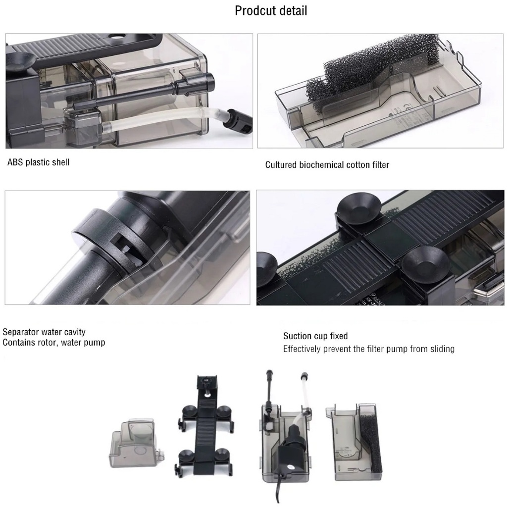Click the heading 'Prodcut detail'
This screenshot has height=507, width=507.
[x=271, y=11]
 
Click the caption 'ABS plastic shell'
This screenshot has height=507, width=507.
[x=39, y=162]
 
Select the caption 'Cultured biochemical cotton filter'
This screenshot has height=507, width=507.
[x=327, y=165]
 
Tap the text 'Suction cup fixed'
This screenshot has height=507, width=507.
[x=315, y=336]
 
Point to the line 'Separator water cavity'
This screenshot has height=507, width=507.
[x=44, y=332]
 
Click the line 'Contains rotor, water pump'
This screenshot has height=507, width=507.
[x=53, y=343]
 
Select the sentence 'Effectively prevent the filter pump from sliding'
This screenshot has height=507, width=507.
[x=369, y=349]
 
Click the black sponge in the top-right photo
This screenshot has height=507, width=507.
[x=368, y=73]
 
